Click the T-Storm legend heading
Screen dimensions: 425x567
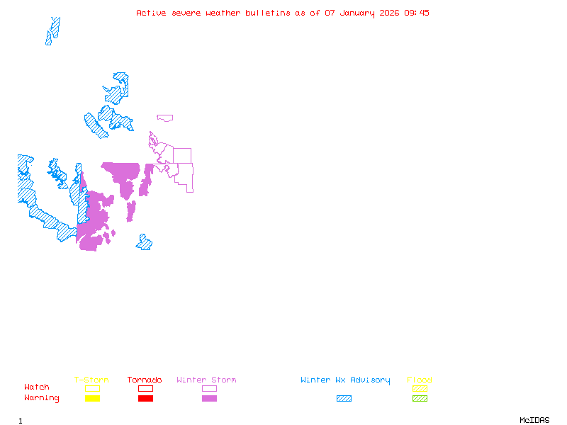(91, 380)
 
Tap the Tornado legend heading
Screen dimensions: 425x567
(145, 380)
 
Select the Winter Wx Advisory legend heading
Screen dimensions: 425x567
(345, 380)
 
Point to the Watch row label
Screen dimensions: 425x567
(37, 387)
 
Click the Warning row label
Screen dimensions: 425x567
(42, 398)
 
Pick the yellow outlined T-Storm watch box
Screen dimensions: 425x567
(92, 388)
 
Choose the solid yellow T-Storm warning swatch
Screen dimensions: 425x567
(92, 398)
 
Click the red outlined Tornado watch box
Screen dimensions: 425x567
(145, 388)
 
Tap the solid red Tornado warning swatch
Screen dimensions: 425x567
(145, 398)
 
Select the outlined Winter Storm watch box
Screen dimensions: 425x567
(209, 388)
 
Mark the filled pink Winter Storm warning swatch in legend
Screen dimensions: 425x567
(209, 398)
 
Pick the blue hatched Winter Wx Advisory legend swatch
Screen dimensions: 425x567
(344, 398)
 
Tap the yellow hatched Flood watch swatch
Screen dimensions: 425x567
(420, 388)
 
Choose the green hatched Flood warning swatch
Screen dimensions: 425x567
(420, 398)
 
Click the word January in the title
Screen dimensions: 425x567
(357, 13)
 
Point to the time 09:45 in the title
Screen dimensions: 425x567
(417, 13)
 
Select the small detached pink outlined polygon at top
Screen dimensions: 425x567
(165, 118)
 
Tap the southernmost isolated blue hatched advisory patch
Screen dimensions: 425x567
(145, 243)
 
